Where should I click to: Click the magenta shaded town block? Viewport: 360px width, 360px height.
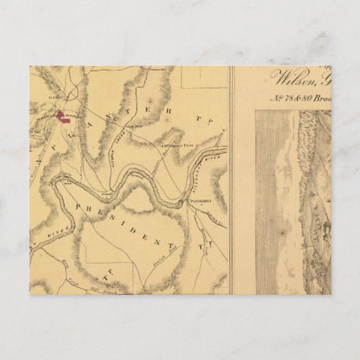click(x=63, y=118)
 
